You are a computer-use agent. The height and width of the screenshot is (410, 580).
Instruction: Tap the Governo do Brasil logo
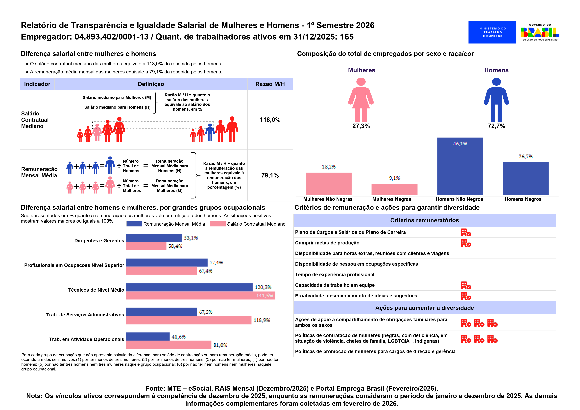pyautogui.click(x=540, y=32)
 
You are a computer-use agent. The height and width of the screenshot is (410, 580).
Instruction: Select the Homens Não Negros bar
pyautogui.click(x=460, y=167)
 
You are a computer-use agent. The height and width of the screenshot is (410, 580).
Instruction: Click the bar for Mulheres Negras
pyautogui.click(x=394, y=189)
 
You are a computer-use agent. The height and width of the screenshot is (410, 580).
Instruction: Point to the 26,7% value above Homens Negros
pyautogui.click(x=525, y=156)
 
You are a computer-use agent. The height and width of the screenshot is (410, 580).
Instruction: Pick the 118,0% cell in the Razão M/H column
pyautogui.click(x=270, y=120)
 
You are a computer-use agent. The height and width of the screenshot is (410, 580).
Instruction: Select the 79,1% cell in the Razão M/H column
pyautogui.click(x=270, y=175)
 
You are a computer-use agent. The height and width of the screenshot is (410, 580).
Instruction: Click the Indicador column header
pyautogui.click(x=37, y=84)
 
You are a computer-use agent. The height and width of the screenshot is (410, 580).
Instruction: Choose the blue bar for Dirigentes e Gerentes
pyautogui.click(x=154, y=238)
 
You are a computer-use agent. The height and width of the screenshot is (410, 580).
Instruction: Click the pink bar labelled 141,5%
pyautogui.click(x=200, y=295)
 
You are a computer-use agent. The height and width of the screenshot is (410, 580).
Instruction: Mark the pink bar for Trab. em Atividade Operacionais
pyautogui.click(x=168, y=345)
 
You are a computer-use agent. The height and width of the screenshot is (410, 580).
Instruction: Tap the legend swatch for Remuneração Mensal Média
pyautogui.click(x=134, y=224)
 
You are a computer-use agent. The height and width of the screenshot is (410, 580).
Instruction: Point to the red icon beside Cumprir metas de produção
pyautogui.click(x=466, y=243)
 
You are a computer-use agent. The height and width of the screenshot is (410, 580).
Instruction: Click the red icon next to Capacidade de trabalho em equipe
pyautogui.click(x=466, y=285)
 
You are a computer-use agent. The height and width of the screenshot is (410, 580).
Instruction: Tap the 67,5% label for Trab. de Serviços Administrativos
pyautogui.click(x=205, y=312)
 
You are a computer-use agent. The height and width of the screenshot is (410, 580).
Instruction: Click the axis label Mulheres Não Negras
pyautogui.click(x=328, y=199)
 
